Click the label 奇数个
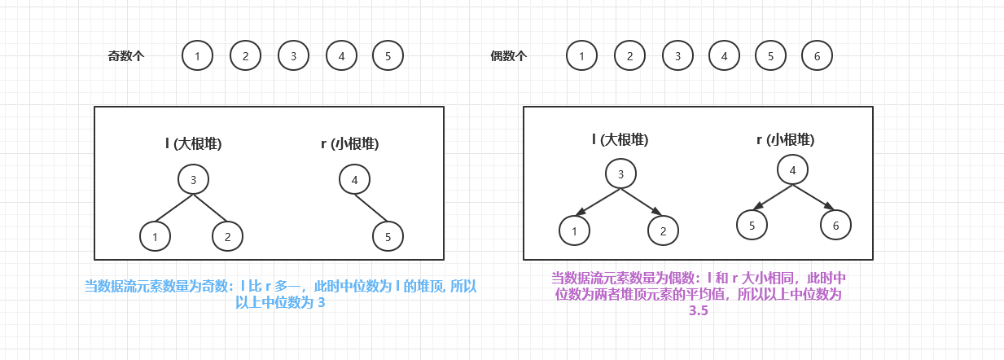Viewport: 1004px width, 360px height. click(x=126, y=56)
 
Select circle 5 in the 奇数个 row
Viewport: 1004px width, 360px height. click(x=388, y=56)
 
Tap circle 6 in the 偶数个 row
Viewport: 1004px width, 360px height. click(x=817, y=56)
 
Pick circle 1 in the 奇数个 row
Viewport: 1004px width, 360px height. click(x=197, y=56)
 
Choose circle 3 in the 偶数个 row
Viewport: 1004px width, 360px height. click(x=677, y=56)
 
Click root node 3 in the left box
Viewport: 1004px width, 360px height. click(x=193, y=179)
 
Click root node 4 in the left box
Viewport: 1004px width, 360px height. click(x=354, y=179)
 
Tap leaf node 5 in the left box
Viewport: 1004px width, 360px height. click(x=388, y=236)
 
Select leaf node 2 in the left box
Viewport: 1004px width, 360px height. click(x=227, y=236)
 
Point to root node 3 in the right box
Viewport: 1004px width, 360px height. click(x=620, y=173)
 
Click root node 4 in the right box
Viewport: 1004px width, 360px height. click(x=792, y=169)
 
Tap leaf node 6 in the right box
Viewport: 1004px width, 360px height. click(x=835, y=225)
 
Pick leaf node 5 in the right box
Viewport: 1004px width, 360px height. click(x=752, y=225)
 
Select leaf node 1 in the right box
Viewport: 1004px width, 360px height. click(x=574, y=230)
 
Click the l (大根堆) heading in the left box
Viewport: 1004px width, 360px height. click(x=193, y=144)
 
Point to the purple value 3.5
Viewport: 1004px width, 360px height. click(x=698, y=311)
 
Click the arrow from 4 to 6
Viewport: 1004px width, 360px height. click(x=814, y=198)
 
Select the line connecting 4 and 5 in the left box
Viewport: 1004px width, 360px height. click(x=370, y=209)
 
